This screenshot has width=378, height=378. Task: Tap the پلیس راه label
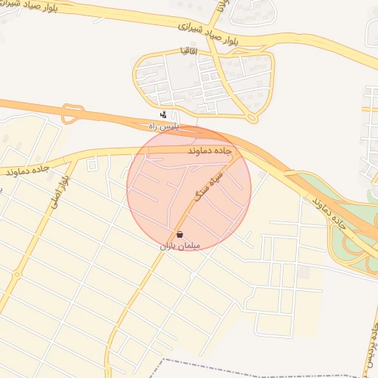pyautogui.click(x=164, y=126)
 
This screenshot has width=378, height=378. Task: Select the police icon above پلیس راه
pyautogui.click(x=163, y=114)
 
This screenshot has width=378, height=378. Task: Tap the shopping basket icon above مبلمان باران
pyautogui.click(x=180, y=234)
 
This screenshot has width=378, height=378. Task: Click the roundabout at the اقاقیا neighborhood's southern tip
pyautogui.click(x=253, y=117)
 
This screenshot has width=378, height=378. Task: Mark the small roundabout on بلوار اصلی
pyautogui.click(x=16, y=275)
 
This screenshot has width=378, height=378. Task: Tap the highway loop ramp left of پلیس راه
pyautogui.click(x=72, y=113)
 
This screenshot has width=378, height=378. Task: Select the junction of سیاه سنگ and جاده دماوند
pyautogui.click(x=238, y=157)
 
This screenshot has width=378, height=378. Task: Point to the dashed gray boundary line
pyautogui.click(x=221, y=365)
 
